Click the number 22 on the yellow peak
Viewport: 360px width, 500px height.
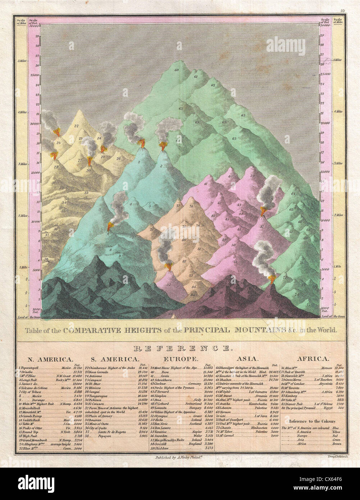click(x=76, y=126)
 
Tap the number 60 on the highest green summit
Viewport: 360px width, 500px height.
click(x=177, y=70)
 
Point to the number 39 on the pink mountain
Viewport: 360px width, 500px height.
click(x=252, y=176)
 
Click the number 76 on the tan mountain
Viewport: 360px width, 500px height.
click(x=191, y=206)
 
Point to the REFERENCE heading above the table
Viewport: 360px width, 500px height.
click(x=181, y=348)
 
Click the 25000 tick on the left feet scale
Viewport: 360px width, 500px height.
click(x=35, y=76)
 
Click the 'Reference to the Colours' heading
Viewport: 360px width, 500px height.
click(x=311, y=421)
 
